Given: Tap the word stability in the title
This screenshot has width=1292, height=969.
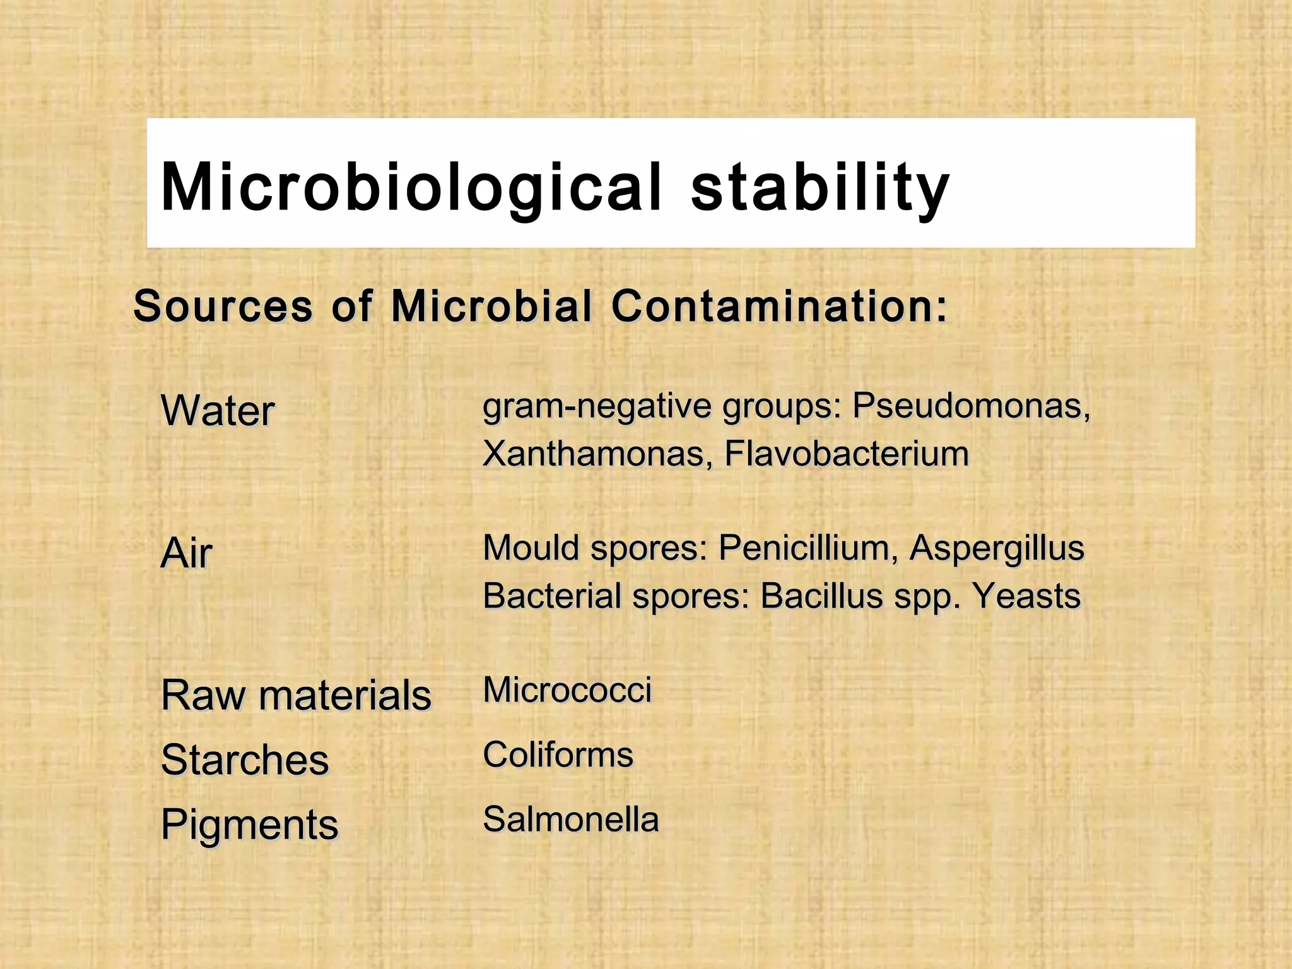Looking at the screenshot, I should (x=819, y=187).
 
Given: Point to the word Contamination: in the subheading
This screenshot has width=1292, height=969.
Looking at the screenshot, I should (x=780, y=306).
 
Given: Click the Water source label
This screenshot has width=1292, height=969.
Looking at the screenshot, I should (x=218, y=411).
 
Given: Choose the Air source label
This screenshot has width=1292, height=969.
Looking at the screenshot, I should (x=187, y=553).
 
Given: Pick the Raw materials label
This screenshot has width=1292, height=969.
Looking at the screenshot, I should (x=296, y=695).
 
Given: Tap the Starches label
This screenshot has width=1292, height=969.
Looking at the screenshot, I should (x=245, y=760).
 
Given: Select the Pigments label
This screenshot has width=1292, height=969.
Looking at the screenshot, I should (x=250, y=825).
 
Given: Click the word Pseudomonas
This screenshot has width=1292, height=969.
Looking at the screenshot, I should (x=971, y=406).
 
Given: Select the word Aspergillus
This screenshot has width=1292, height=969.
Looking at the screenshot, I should (x=997, y=548).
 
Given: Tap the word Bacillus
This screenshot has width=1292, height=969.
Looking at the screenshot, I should (x=821, y=596).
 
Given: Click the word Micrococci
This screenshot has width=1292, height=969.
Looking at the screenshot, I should (x=567, y=690).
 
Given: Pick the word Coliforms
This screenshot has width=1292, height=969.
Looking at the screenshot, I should (x=558, y=755).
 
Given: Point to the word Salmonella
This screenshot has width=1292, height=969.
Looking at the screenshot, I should (x=571, y=819).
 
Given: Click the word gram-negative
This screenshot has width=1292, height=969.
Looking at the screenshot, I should (x=597, y=406).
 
